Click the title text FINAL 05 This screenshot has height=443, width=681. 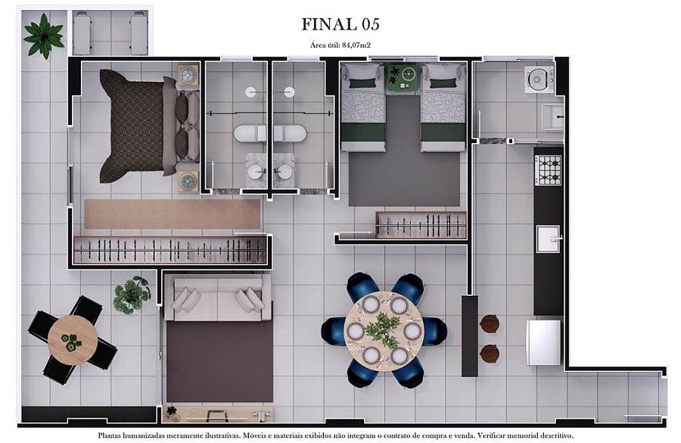click(x=340, y=24)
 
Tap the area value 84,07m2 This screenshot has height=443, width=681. click(x=357, y=45)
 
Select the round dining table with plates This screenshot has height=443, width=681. click(x=384, y=331)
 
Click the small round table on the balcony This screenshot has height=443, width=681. click(x=72, y=340)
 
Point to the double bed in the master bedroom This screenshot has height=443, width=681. click(x=144, y=125)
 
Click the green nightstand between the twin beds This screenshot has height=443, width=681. click(x=403, y=77)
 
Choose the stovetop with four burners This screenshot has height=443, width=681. click(x=549, y=170)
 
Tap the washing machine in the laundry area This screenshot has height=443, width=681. click(x=539, y=79)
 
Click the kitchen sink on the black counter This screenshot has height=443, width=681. click(x=548, y=239)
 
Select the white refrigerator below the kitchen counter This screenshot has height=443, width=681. click(x=544, y=342)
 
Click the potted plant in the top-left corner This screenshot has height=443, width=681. click(x=43, y=34)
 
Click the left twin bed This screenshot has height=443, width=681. click(x=361, y=108)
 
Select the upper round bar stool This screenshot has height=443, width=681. click(x=490, y=323)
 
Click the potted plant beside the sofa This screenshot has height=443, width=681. click(x=132, y=294)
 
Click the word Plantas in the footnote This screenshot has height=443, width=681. click(x=112, y=436)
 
